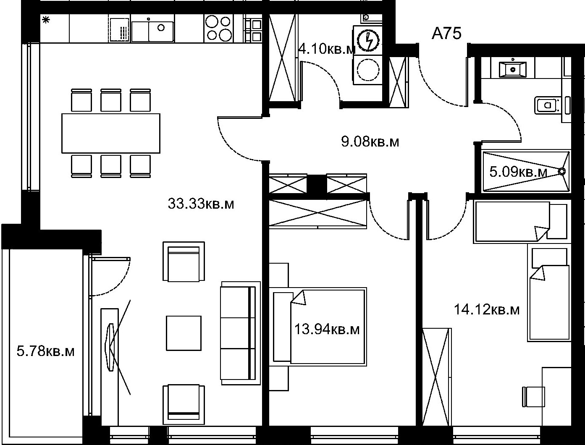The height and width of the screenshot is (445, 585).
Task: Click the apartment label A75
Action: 446,34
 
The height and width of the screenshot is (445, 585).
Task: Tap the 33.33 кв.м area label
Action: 201,204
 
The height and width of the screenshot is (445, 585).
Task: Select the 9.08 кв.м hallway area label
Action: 370,141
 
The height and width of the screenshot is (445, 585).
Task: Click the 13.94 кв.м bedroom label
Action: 327,329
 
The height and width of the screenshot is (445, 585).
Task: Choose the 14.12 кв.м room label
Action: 487,309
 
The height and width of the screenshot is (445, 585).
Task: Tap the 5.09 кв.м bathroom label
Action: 518,172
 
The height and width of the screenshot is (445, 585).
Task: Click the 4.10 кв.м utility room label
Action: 327,49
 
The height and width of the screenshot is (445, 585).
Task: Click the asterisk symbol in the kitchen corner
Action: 46,20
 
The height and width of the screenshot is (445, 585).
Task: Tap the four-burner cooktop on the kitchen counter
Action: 218,28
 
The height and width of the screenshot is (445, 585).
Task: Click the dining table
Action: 111,133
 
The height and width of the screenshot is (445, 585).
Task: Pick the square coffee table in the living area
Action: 184,333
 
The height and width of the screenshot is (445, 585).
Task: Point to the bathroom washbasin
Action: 512,70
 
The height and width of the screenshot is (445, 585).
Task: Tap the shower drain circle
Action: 561,172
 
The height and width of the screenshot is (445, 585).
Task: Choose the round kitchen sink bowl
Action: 161,27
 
